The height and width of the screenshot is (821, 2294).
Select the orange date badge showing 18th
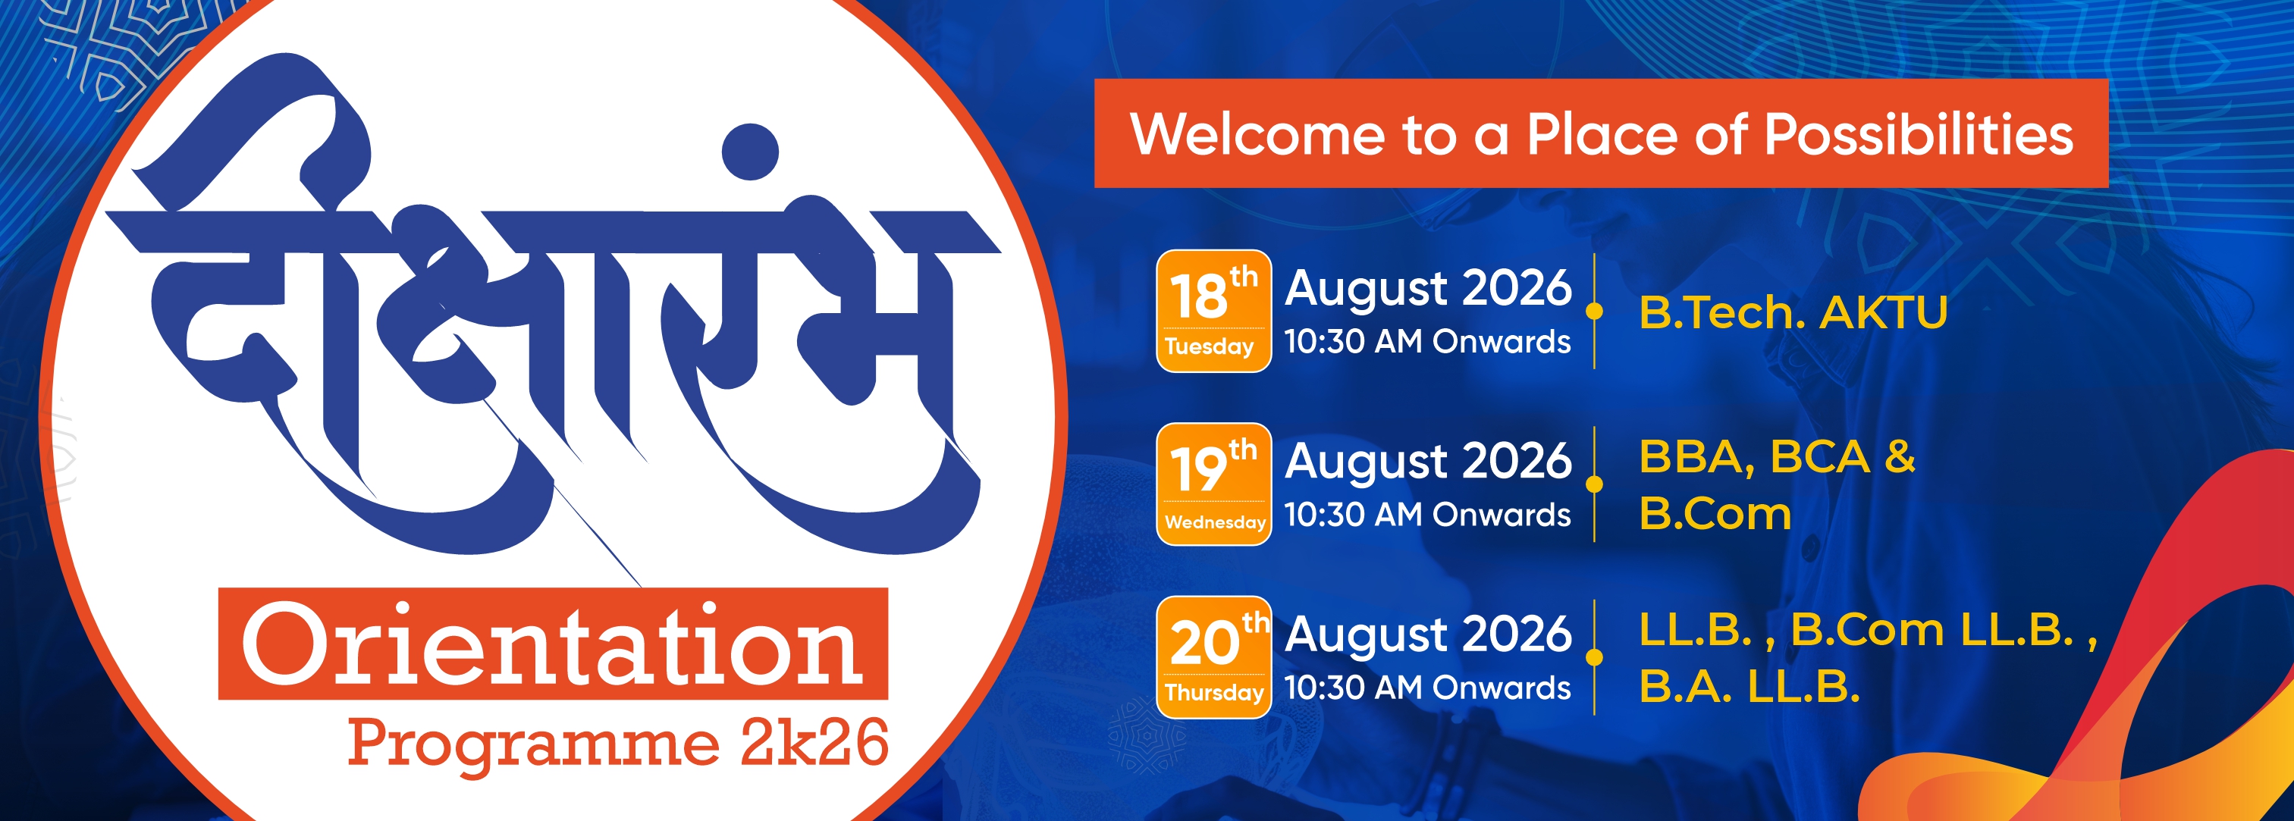pyautogui.click(x=1213, y=311)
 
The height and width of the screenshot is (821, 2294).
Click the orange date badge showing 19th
pyautogui.click(x=1213, y=484)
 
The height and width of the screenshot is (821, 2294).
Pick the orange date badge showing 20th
pyautogui.click(x=1213, y=657)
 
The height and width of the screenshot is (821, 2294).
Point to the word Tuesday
pyautogui.click(x=1209, y=346)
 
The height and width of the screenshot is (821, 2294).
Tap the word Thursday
pyautogui.click(x=1214, y=692)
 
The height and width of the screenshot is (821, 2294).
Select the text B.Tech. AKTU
pyautogui.click(x=1793, y=312)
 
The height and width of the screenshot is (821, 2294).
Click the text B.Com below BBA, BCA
pyautogui.click(x=1715, y=514)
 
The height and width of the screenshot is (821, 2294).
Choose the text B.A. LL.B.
pyautogui.click(x=1749, y=687)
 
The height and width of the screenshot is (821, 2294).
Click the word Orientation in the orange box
pyautogui.click(x=552, y=644)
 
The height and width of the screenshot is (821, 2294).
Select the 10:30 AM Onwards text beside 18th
pyautogui.click(x=1427, y=342)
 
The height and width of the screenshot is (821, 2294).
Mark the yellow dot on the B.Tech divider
pyautogui.click(x=1594, y=311)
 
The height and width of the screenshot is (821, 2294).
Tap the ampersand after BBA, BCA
pyautogui.click(x=1900, y=457)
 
